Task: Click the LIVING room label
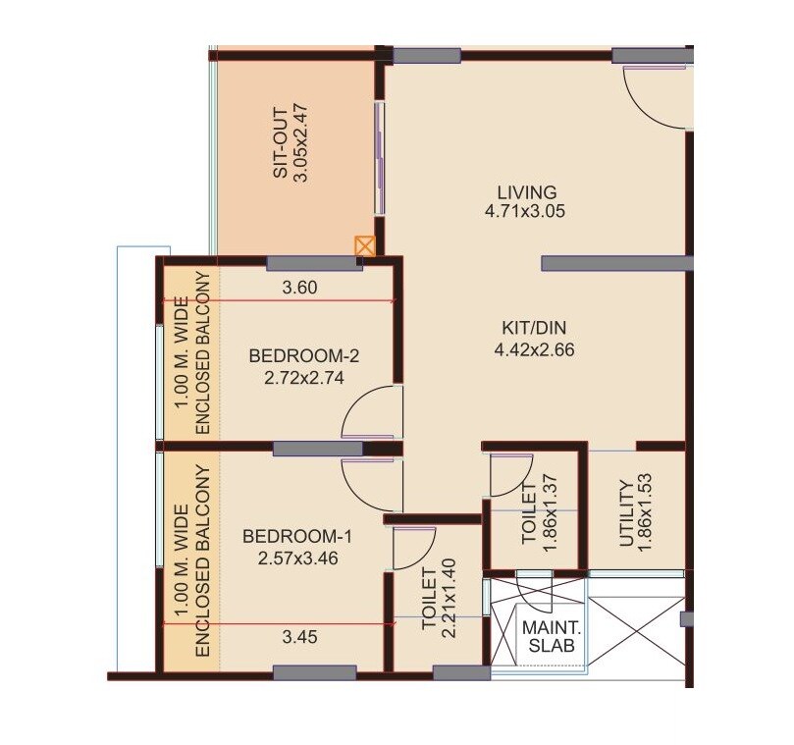point(526,191)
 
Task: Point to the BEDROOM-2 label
point(293,354)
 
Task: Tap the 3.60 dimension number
point(299,288)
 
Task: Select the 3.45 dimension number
point(299,637)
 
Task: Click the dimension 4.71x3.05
point(526,210)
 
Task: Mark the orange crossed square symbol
point(364,245)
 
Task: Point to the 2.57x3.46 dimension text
point(296,557)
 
